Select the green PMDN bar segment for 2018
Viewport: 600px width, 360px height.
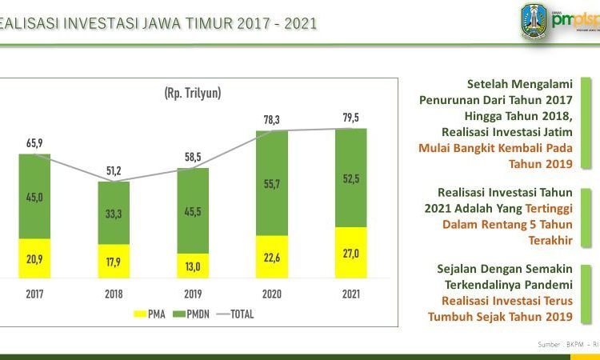coord(114,213)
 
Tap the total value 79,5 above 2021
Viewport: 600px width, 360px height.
coord(350,117)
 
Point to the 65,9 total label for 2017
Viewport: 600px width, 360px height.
coord(34,142)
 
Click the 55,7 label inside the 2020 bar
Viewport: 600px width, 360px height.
coord(271,184)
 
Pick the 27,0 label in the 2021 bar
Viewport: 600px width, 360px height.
coord(350,253)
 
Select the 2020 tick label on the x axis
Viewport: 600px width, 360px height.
coord(271,294)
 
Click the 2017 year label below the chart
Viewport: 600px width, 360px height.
coord(34,294)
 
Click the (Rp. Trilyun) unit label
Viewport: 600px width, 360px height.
coord(192,93)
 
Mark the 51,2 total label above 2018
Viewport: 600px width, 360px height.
coord(113,170)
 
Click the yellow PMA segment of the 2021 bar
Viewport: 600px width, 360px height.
coord(350,253)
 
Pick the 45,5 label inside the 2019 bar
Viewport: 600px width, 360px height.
coord(192,211)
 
